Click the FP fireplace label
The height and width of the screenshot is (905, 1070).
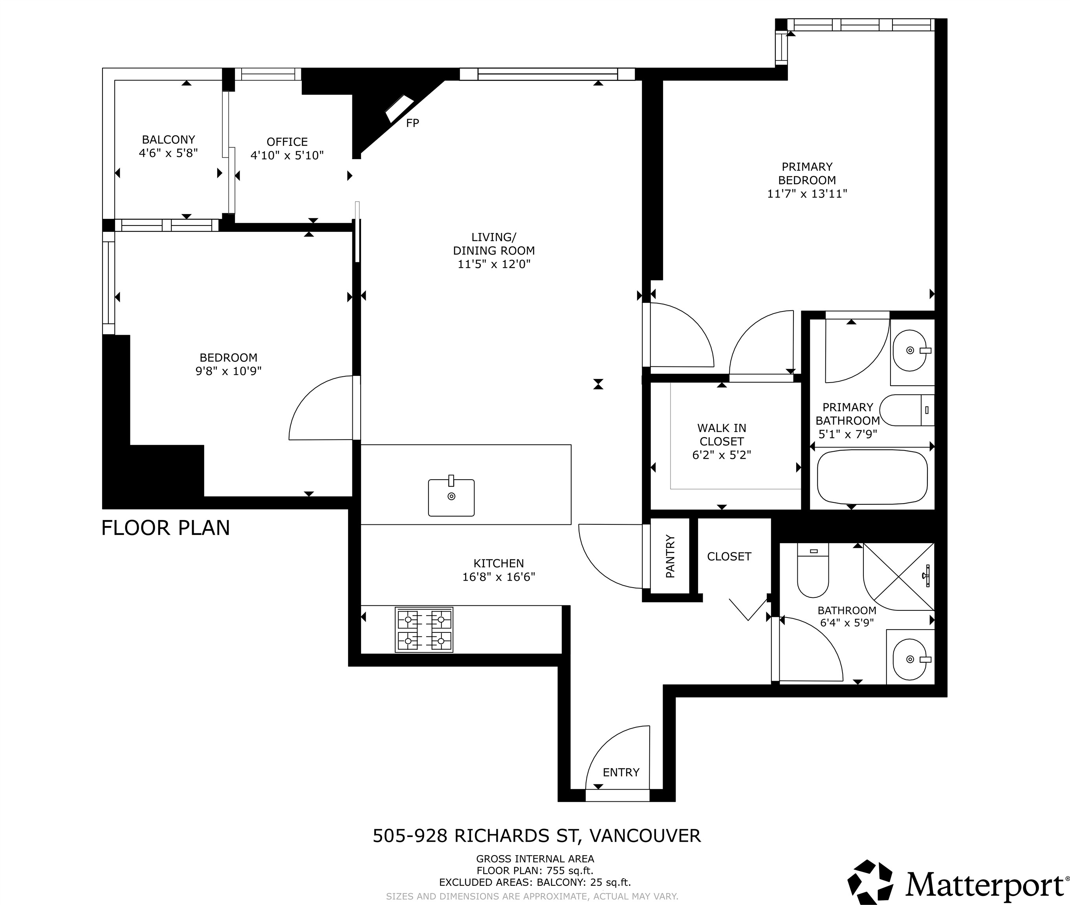click(412, 123)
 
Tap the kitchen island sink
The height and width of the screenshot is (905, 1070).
click(451, 497)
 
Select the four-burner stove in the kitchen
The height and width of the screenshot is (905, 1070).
click(424, 630)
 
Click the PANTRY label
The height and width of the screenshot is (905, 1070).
click(670, 557)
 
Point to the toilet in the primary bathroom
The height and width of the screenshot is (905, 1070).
click(906, 410)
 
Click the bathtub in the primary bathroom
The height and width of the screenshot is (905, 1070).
click(872, 477)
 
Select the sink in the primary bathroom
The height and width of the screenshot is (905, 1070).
click(911, 350)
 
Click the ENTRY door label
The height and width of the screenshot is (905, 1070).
click(621, 772)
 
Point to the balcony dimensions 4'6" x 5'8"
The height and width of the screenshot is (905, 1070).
click(168, 153)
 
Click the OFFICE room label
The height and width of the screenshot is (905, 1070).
click(287, 141)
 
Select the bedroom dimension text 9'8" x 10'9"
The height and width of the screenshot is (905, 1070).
click(228, 371)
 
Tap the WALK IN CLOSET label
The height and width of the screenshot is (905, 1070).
click(721, 441)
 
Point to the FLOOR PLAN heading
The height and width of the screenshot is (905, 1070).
click(165, 528)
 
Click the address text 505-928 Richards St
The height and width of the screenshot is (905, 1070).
click(536, 836)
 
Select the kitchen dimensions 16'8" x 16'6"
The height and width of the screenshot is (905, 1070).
click(498, 577)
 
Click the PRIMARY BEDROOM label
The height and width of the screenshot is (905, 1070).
click(806, 173)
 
